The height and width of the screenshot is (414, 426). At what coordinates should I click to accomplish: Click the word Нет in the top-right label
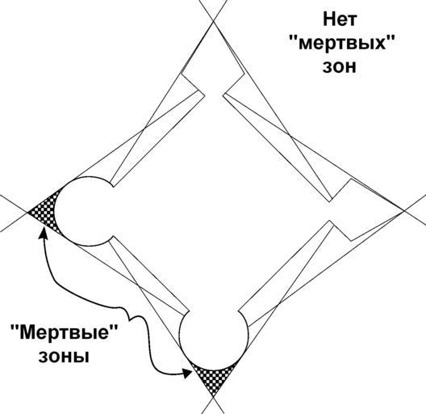[340, 20]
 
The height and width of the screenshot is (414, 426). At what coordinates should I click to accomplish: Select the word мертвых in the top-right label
[342, 44]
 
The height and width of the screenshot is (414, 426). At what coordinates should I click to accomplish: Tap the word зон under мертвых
[339, 67]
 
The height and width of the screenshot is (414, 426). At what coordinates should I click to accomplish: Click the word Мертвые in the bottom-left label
[64, 332]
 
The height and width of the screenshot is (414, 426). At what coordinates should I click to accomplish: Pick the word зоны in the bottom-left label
[64, 357]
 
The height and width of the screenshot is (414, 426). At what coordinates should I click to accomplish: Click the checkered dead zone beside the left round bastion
[44, 211]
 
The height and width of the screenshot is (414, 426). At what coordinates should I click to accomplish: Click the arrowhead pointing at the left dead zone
[43, 233]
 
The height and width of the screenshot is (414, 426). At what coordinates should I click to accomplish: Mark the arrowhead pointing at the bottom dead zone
[186, 373]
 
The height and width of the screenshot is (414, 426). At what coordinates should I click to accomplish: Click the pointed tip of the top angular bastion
[214, 20]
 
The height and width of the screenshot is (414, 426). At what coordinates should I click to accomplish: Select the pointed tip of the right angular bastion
[404, 210]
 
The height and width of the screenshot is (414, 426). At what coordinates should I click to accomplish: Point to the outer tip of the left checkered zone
[27, 212]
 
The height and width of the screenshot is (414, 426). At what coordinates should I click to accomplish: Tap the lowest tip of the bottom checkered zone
[214, 397]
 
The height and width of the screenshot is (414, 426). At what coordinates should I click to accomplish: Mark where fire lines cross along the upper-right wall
[290, 135]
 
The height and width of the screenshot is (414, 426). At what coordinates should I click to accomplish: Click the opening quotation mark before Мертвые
[15, 327]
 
